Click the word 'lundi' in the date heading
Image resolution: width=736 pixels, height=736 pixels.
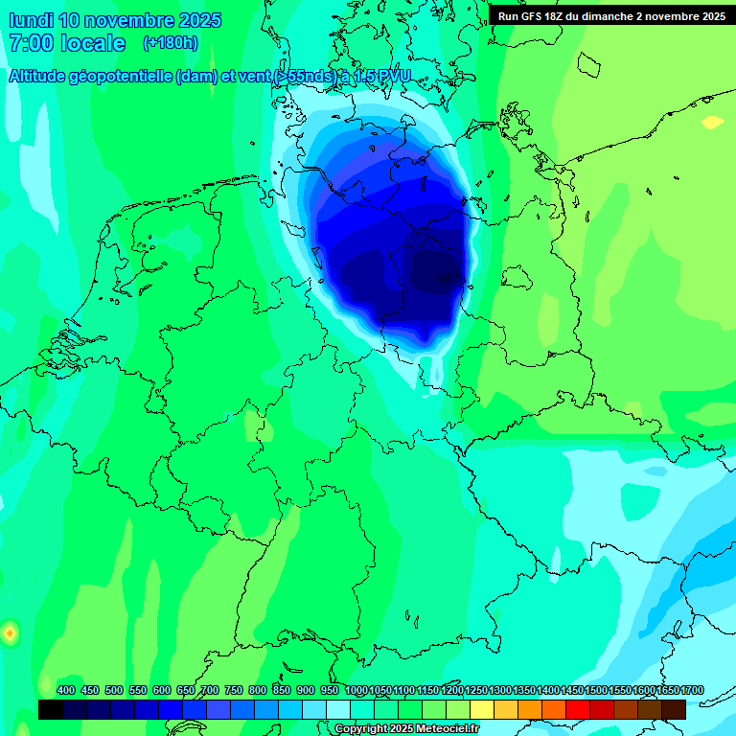(x=31, y=20)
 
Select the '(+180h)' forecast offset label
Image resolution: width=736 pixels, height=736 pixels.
(x=171, y=43)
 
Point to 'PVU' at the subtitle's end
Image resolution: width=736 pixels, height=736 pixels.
(x=393, y=77)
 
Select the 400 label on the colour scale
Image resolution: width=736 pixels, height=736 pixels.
(x=66, y=690)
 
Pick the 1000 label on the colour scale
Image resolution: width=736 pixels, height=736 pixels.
(x=356, y=690)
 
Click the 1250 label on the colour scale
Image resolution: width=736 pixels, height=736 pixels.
(x=476, y=690)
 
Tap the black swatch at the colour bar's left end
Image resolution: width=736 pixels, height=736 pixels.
(x=51, y=709)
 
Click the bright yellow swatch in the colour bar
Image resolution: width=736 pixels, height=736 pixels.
(x=482, y=709)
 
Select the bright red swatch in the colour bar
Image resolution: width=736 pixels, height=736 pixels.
(x=578, y=709)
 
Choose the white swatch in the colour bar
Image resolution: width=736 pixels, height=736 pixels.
(x=338, y=709)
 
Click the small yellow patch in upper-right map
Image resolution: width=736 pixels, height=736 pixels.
(x=712, y=123)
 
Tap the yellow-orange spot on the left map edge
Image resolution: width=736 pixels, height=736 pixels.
(x=9, y=632)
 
